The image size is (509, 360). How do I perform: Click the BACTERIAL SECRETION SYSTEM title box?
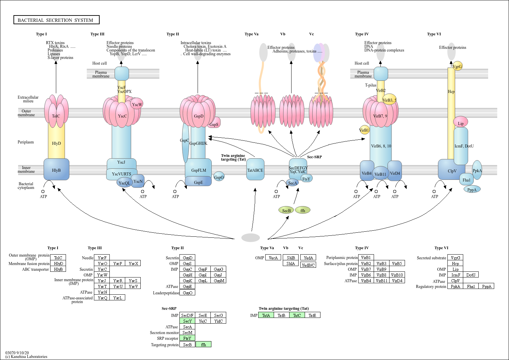click(56, 20)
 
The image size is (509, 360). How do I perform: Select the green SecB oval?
click(286, 210)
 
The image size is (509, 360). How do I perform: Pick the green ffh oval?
click(303, 210)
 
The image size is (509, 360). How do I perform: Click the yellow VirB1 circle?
click(364, 130)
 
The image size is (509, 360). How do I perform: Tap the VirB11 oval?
click(380, 173)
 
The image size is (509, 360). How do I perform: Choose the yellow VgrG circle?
click(457, 66)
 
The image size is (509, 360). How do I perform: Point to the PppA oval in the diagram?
click(472, 189)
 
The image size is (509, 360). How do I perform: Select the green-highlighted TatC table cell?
click(297, 315)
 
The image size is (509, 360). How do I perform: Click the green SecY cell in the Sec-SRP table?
click(188, 321)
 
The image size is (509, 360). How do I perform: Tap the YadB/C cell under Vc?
click(308, 265)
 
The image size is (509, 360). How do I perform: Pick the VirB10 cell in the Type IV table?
click(397, 275)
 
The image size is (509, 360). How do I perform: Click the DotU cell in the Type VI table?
click(471, 275)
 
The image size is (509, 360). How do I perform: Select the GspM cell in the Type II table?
click(218, 281)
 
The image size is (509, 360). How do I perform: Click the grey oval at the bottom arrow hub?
click(250, 237)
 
